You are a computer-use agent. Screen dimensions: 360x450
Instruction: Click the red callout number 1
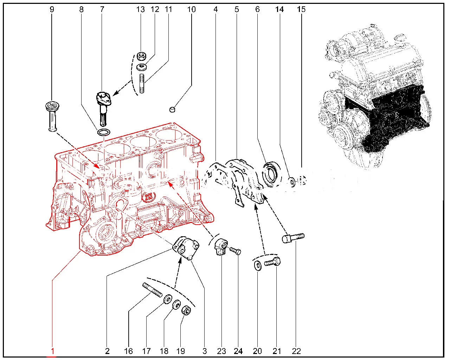tap(52, 351)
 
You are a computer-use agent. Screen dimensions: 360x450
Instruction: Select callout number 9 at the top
tap(52, 9)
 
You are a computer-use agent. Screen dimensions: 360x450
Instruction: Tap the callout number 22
tap(296, 351)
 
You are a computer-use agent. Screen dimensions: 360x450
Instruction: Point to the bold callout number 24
tap(238, 351)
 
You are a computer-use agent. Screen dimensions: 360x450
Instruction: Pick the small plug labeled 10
tap(172, 109)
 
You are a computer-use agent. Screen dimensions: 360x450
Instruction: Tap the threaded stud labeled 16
tap(152, 290)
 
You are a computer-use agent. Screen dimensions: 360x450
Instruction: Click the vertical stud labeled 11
tap(142, 83)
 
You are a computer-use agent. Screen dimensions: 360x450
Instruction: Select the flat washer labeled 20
tap(257, 265)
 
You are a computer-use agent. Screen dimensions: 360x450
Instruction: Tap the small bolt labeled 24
tap(235, 251)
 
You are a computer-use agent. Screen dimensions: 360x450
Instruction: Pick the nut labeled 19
tap(186, 310)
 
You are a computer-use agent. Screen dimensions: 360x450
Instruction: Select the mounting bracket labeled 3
tap(186, 248)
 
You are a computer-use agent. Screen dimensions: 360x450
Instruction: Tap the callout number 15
tap(301, 9)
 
